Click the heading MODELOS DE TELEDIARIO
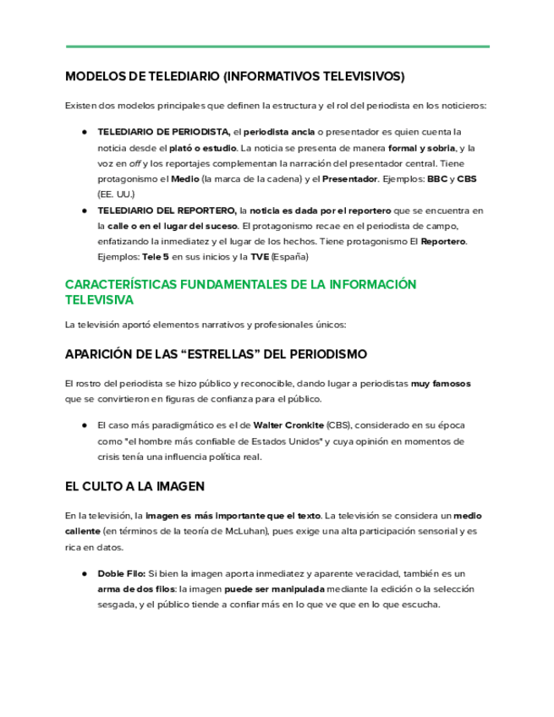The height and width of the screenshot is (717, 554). click(x=234, y=76)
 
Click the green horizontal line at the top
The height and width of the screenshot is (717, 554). click(x=277, y=47)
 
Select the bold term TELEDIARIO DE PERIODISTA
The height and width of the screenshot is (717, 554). click(x=163, y=132)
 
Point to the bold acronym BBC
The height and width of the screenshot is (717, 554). click(x=437, y=179)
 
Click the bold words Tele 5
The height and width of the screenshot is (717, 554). click(x=156, y=256)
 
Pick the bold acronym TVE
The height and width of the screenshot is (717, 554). click(x=260, y=256)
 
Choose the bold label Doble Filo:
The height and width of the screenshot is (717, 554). click(x=122, y=573)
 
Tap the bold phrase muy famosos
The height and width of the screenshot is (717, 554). click(x=441, y=383)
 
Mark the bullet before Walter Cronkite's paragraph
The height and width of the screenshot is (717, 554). click(x=85, y=425)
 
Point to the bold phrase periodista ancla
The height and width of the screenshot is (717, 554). click(x=279, y=132)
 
